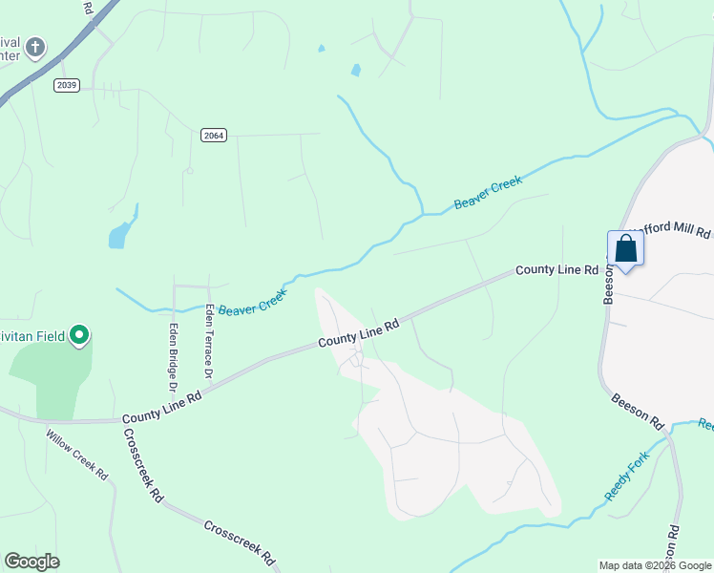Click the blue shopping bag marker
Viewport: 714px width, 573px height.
pyautogui.click(x=626, y=250)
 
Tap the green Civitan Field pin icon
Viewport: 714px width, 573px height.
pyautogui.click(x=80, y=336)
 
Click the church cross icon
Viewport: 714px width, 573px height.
pyautogui.click(x=35, y=47)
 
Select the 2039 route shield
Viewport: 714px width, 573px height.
pyautogui.click(x=66, y=85)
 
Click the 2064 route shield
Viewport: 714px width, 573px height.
pyautogui.click(x=213, y=136)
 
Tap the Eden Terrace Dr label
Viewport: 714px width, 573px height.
pyautogui.click(x=207, y=341)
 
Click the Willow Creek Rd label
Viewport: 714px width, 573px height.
pyautogui.click(x=77, y=454)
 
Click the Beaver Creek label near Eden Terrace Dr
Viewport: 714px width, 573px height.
pyautogui.click(x=252, y=305)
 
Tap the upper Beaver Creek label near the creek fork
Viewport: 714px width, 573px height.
pyautogui.click(x=488, y=193)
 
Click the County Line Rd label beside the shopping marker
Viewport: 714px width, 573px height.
pyautogui.click(x=556, y=270)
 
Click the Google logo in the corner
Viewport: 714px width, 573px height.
pyautogui.click(x=32, y=562)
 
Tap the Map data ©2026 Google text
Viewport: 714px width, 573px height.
pyautogui.click(x=654, y=565)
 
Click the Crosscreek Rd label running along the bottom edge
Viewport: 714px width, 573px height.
pyautogui.click(x=239, y=542)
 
